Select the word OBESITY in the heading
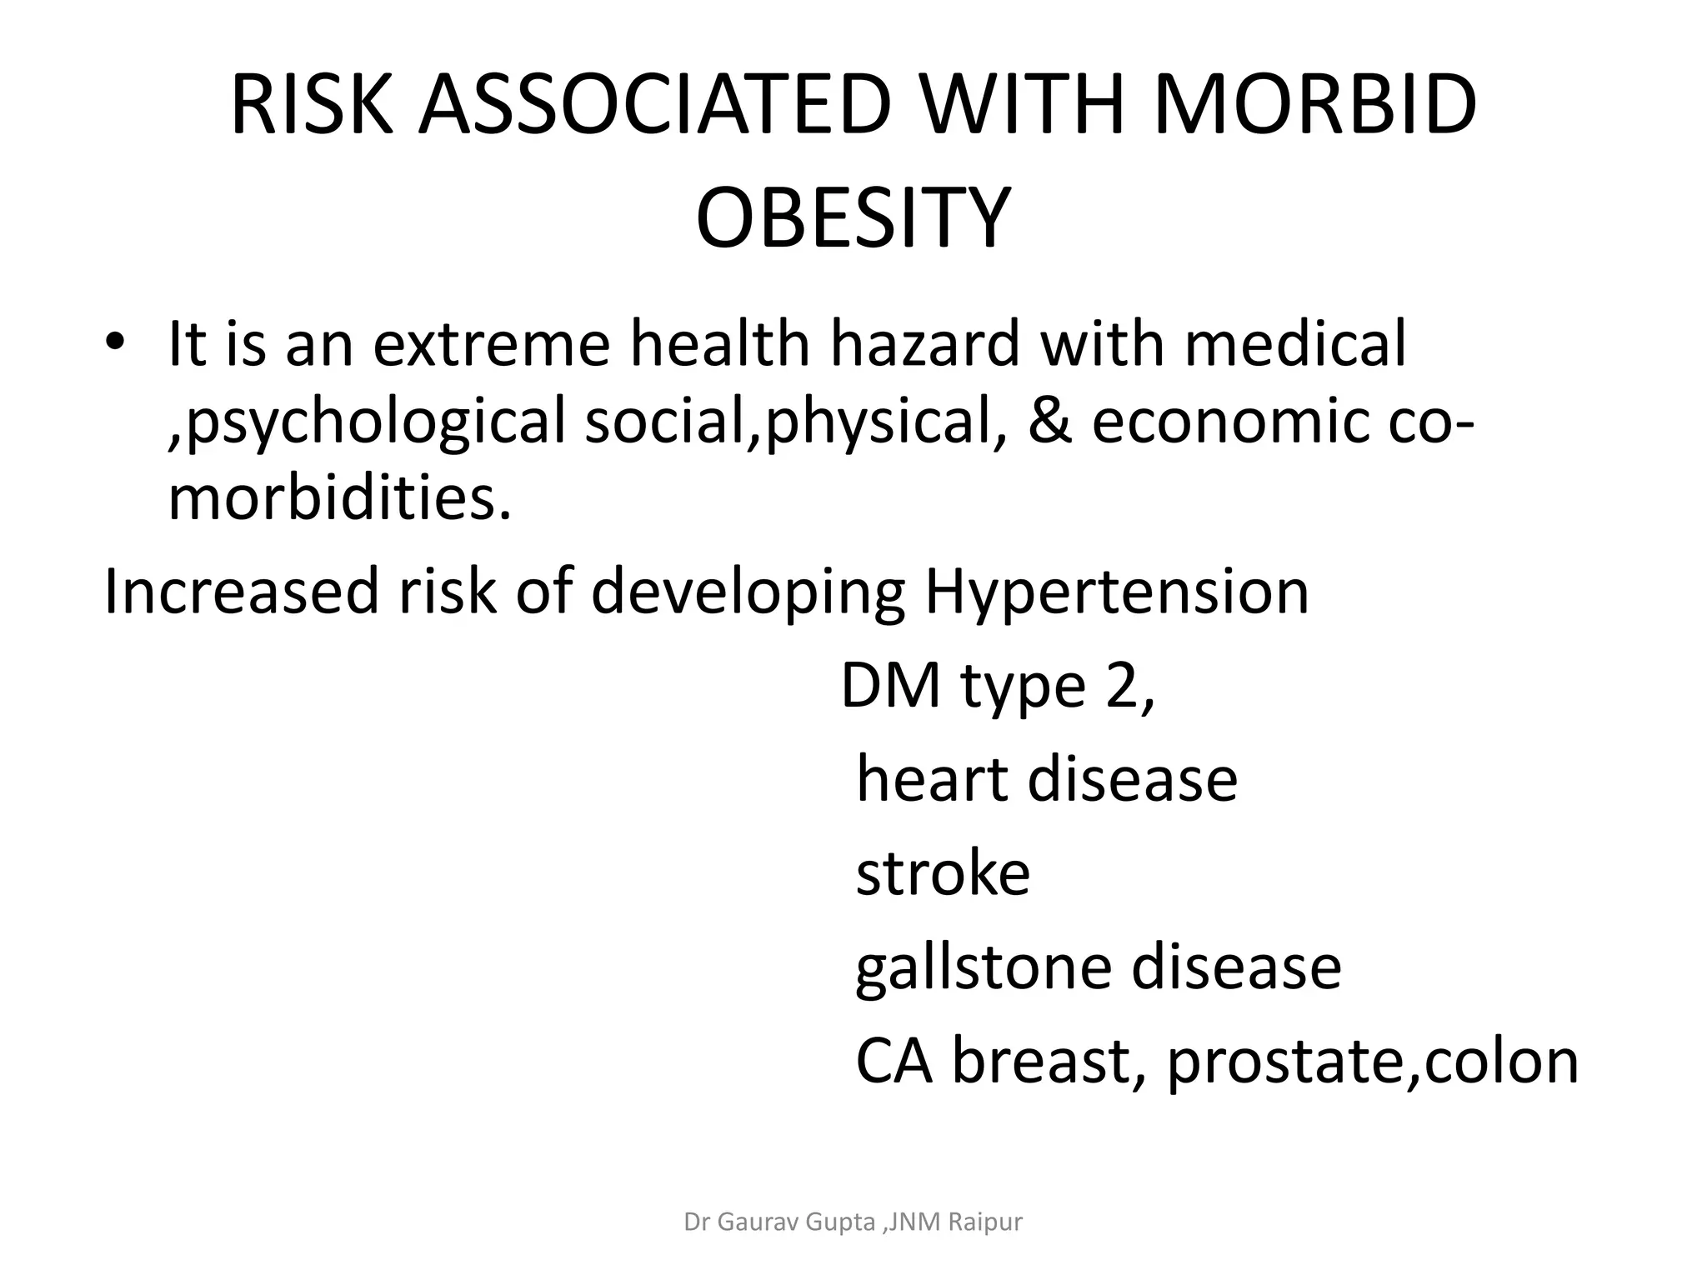tap(853, 219)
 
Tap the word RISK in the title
tap(311, 106)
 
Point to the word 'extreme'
tap(491, 343)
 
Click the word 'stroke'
tap(943, 873)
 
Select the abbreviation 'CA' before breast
tap(894, 1062)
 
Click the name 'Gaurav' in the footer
tap(755, 1222)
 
